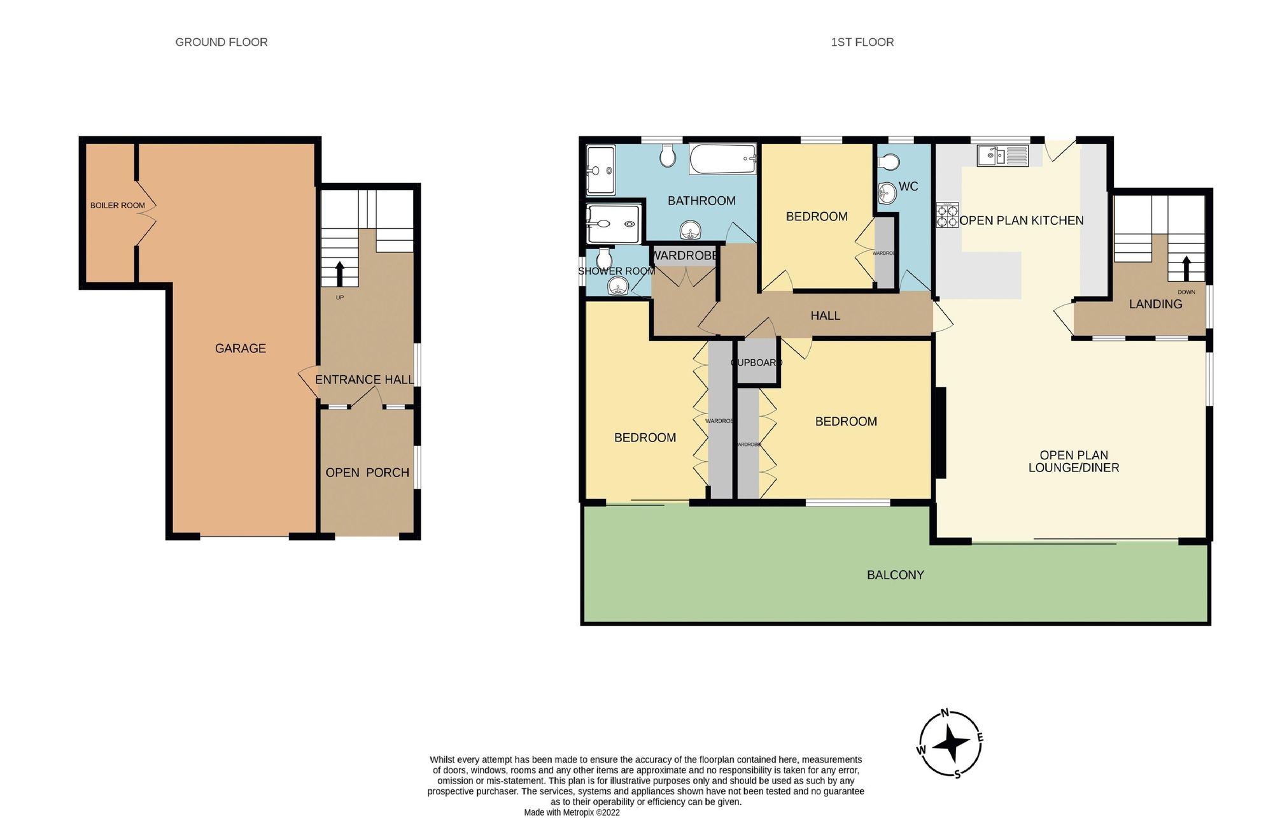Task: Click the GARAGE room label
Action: tap(240, 348)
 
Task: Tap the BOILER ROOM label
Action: tap(118, 206)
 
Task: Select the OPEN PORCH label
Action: tap(367, 473)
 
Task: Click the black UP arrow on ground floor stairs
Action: tap(339, 274)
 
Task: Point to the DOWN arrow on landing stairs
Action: tap(1186, 268)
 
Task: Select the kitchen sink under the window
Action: tap(1002, 155)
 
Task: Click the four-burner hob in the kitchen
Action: tap(946, 215)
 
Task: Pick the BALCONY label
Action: tap(895, 575)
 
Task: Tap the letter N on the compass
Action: tap(945, 713)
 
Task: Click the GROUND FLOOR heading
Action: tap(222, 42)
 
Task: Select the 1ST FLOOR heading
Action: tap(862, 42)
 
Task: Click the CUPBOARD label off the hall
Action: tap(756, 362)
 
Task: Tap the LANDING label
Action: tap(1155, 305)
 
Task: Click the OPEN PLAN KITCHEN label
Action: tap(1021, 220)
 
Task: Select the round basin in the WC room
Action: tap(887, 193)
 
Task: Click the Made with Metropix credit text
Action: tap(572, 812)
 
